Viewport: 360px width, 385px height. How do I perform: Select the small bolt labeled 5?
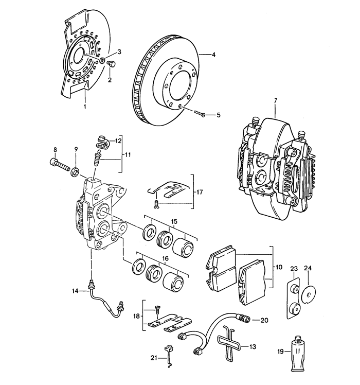click(x=201, y=115)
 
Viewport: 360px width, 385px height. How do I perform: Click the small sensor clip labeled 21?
click(x=168, y=354)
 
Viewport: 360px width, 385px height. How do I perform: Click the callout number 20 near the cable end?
click(x=264, y=320)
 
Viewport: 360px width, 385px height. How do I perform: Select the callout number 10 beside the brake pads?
click(x=279, y=268)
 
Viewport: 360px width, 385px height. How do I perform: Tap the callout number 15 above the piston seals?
click(x=174, y=221)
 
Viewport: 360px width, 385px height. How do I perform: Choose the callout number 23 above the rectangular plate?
click(x=294, y=268)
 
